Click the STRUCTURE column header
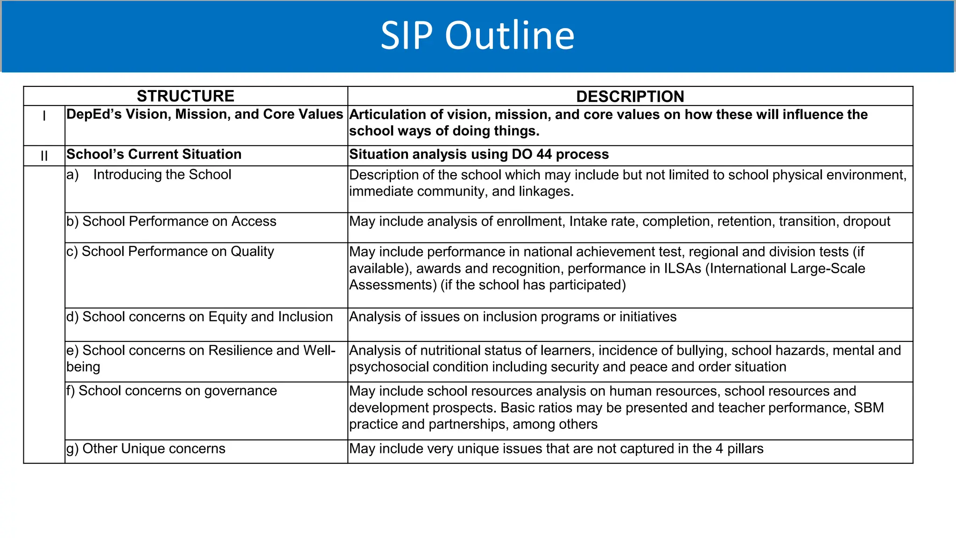point(185,96)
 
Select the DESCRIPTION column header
point(630,97)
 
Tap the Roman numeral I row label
point(44,116)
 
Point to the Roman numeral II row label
point(44,156)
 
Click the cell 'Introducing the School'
point(162,175)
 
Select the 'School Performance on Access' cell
point(171,221)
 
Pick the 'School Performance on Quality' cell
point(170,252)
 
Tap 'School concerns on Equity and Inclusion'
point(199,317)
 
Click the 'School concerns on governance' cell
point(172,391)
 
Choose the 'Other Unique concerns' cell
point(146,449)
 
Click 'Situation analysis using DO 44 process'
point(479,155)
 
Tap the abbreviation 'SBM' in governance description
point(869,408)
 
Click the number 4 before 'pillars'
point(719,449)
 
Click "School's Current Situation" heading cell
point(154,155)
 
